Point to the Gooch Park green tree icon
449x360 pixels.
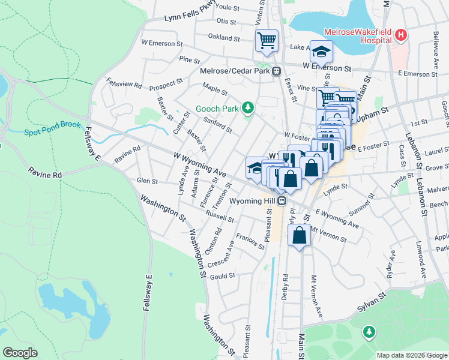(x=246, y=109)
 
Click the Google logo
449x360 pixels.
(x=20, y=353)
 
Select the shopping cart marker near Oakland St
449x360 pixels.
(x=267, y=40)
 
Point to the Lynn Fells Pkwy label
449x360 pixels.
(x=190, y=16)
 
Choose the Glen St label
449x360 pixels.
(x=147, y=181)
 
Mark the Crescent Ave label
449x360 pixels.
(x=221, y=256)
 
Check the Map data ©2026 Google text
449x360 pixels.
(x=411, y=355)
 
